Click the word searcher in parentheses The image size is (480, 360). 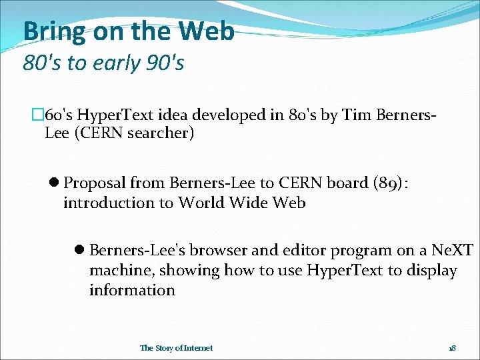(161, 133)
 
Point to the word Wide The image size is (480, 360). (248, 203)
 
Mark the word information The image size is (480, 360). (133, 290)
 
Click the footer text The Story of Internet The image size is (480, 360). (177, 348)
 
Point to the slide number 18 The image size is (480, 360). (452, 348)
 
